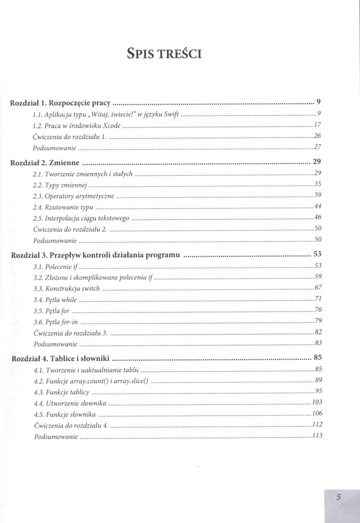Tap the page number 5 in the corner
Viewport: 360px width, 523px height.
(339, 497)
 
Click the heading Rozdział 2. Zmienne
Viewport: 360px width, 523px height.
(47, 162)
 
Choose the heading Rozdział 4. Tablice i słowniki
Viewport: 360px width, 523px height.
(61, 359)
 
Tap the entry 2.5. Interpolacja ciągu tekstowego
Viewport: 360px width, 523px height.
(81, 218)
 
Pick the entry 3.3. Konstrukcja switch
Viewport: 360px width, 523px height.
(66, 288)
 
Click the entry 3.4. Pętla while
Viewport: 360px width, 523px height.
(55, 300)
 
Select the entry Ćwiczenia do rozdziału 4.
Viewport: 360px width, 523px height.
(70, 425)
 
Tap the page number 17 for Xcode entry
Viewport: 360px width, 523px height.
(317, 124)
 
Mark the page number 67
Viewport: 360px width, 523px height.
(317, 288)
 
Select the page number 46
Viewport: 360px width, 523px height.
(317, 218)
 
